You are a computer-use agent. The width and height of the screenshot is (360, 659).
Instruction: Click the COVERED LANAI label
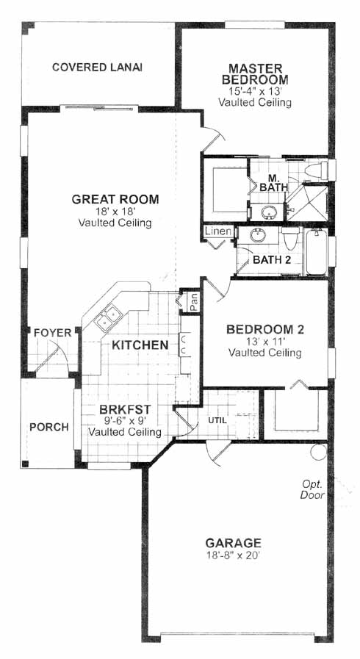point(97,68)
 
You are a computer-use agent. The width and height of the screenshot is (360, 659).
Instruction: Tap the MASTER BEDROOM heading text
point(255,74)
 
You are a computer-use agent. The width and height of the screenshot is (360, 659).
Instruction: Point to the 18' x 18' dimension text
point(115,212)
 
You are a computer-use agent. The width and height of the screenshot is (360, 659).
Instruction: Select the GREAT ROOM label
point(115,199)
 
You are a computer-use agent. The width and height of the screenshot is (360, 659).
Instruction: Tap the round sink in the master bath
point(268,212)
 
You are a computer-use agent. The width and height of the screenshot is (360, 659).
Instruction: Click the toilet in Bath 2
point(290,238)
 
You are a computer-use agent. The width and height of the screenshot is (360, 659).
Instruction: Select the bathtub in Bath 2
point(317,252)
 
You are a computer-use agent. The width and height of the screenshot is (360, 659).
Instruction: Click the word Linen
point(218,231)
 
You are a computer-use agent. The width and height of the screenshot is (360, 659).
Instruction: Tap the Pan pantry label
point(194,302)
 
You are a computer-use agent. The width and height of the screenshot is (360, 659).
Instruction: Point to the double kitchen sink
point(107,317)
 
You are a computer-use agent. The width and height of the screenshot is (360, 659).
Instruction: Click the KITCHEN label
point(140,345)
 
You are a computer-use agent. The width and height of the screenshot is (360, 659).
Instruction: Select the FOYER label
point(53,334)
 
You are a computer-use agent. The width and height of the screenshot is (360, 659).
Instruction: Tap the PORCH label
point(48,428)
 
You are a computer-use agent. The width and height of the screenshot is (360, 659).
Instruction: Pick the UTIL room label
point(217,419)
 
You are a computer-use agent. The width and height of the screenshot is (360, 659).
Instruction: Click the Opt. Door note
point(312,490)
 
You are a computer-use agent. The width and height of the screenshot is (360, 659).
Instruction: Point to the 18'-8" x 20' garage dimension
point(234,555)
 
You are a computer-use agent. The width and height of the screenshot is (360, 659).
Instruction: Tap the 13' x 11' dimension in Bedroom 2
point(265,341)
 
